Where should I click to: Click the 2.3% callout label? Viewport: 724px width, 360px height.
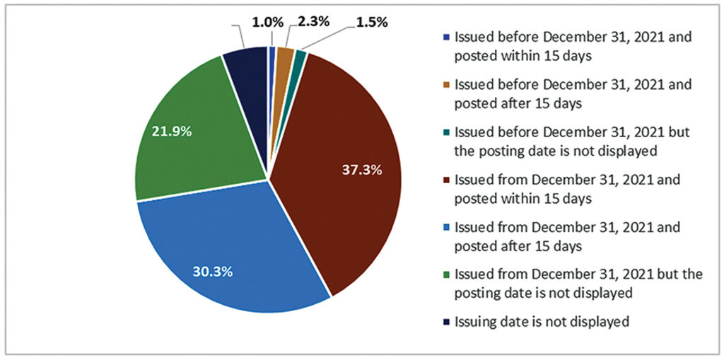(312, 22)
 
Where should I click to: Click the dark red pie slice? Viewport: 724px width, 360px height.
(332, 163)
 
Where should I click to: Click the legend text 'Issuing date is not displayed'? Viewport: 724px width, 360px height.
(542, 321)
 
